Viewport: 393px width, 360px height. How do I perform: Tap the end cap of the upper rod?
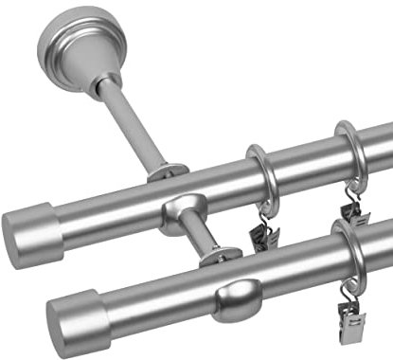[28, 226]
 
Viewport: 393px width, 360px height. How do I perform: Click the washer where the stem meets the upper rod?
[167, 172]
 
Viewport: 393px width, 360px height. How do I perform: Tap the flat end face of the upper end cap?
[16, 231]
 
